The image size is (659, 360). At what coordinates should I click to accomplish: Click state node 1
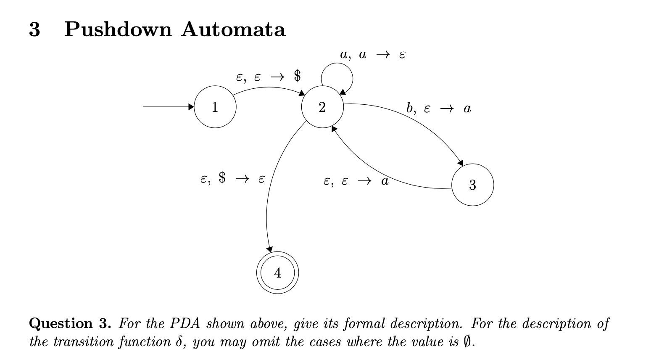[x=215, y=107]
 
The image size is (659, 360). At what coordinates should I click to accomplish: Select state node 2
[x=322, y=107]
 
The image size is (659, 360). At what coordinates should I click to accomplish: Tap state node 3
[x=472, y=185]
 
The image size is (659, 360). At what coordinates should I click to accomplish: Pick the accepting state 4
[x=277, y=273]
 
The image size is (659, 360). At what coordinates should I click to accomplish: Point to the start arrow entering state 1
[x=168, y=107]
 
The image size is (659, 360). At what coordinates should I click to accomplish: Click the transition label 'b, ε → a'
[x=438, y=109]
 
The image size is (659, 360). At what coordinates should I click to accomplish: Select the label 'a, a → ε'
[x=372, y=55]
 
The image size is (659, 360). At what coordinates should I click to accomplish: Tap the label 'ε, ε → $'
[x=268, y=77]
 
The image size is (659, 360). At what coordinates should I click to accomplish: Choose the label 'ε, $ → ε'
[x=232, y=179]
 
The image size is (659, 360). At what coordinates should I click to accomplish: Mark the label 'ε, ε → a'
[x=356, y=181]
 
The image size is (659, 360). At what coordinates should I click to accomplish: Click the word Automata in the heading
[x=233, y=29]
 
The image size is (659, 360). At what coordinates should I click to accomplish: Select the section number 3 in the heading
[x=35, y=29]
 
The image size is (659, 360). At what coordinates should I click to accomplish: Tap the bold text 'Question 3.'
[x=70, y=323]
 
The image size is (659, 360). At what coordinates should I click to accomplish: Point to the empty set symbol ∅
[x=467, y=341]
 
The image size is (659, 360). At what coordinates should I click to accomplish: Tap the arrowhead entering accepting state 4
[x=270, y=249]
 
